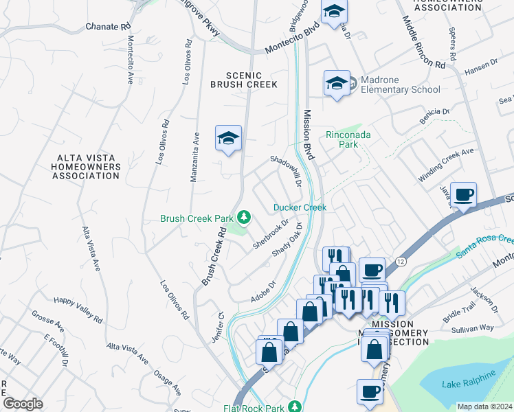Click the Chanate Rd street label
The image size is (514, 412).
pos(108,27)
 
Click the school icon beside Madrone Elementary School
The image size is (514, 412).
pos(337,84)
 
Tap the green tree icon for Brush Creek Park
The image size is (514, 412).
pos(243,218)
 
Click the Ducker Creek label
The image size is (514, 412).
pos(300,207)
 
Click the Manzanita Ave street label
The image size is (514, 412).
pos(195,157)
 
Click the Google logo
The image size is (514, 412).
pos(23,404)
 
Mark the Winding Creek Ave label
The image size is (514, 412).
pos(446,165)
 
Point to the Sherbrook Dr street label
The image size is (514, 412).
pos(270,235)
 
